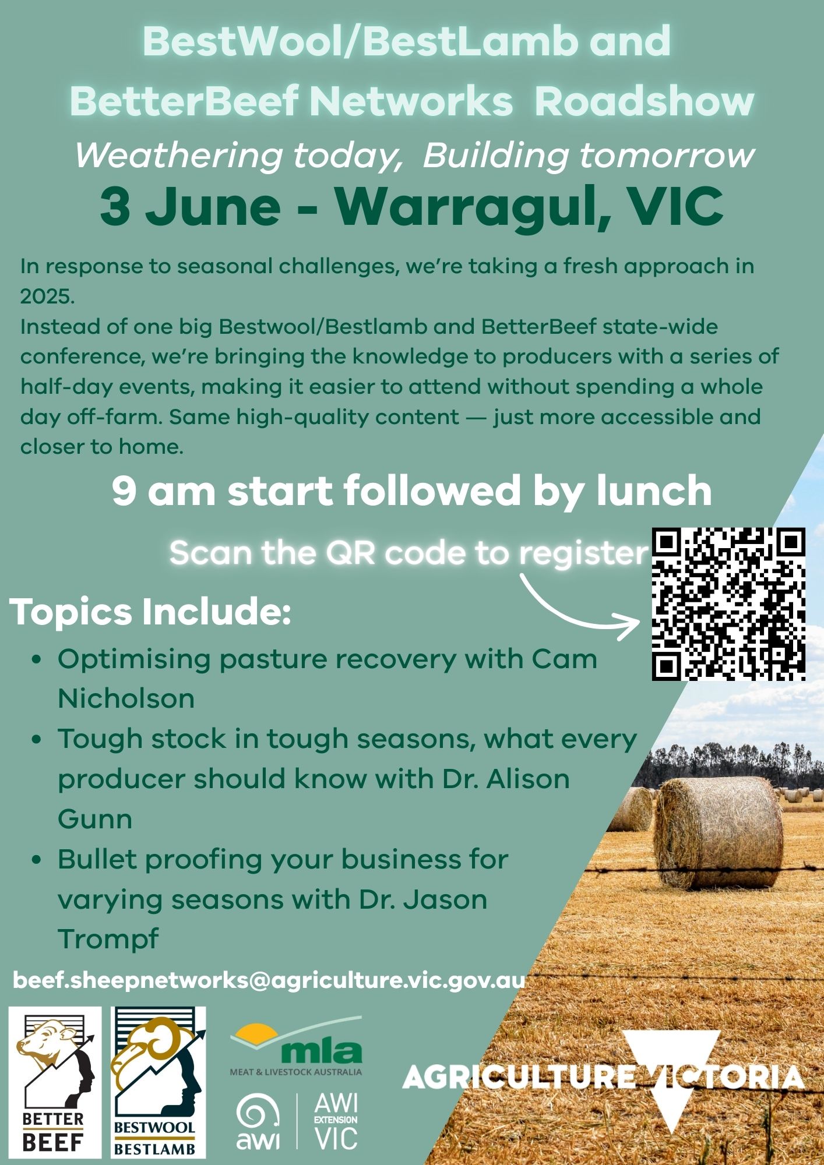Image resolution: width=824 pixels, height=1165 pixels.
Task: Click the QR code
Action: pyautogui.click(x=728, y=604)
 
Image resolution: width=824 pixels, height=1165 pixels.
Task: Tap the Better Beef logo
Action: pyautogui.click(x=54, y=1082)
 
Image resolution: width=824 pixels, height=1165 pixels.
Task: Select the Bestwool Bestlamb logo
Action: pyautogui.click(x=159, y=1082)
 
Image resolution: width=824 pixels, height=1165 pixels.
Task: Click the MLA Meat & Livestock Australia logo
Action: pyautogui.click(x=296, y=1046)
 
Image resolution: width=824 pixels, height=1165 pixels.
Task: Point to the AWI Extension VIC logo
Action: pyautogui.click(x=297, y=1121)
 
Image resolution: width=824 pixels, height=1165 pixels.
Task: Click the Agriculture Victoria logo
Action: pyautogui.click(x=604, y=1079)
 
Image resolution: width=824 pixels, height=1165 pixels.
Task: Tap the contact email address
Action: pyautogui.click(x=269, y=980)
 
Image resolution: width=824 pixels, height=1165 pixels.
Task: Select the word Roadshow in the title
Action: pyautogui.click(x=644, y=101)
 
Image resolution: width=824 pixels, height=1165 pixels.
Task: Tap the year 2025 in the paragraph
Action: pyautogui.click(x=47, y=296)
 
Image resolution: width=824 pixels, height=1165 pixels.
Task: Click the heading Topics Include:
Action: pyautogui.click(x=150, y=612)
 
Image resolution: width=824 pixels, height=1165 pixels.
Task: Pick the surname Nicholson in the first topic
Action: pyautogui.click(x=126, y=698)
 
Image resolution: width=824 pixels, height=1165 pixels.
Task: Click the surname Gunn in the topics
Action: pyautogui.click(x=95, y=820)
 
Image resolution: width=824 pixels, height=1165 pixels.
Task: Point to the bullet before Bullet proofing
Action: pyautogui.click(x=37, y=860)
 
